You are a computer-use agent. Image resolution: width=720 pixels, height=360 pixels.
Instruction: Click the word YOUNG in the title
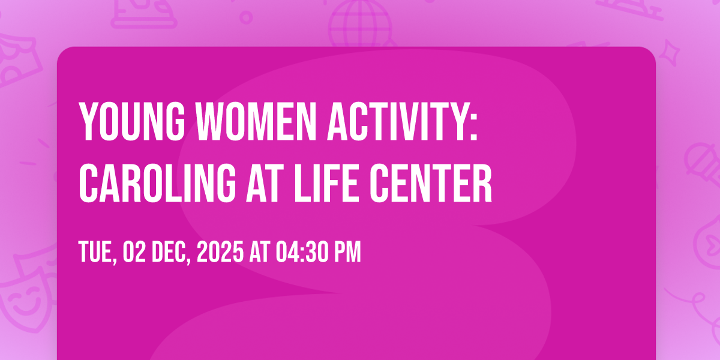[132, 121]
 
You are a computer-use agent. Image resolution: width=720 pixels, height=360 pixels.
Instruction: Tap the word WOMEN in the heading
[257, 121]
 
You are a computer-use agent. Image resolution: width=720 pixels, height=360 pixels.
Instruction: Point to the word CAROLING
[157, 183]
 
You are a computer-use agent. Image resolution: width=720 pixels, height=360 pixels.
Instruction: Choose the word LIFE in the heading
[326, 183]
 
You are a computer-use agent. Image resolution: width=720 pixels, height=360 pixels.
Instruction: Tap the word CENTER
[431, 183]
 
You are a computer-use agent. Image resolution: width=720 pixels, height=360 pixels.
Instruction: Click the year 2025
[220, 251]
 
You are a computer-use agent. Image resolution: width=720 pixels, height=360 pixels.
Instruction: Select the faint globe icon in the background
[360, 23]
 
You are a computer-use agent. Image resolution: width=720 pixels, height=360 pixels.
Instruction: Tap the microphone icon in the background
[703, 164]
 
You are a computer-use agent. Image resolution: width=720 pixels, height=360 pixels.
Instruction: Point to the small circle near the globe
[246, 17]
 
